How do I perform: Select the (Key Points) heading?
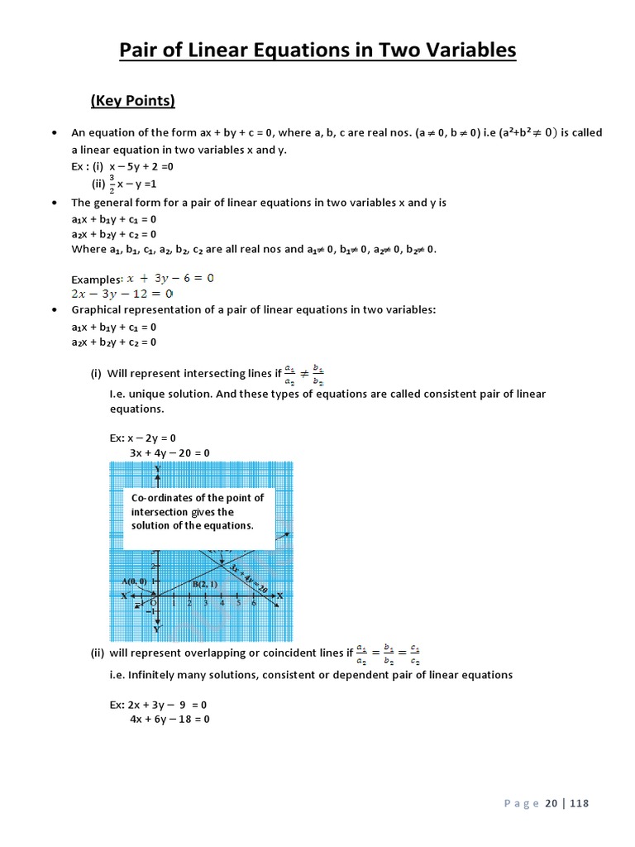[x=132, y=101]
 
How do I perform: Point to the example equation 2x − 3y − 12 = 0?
[x=122, y=294]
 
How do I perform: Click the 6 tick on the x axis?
[x=253, y=604]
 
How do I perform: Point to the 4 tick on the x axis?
[x=222, y=604]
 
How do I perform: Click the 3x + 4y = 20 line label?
[x=248, y=577]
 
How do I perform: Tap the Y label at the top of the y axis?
[x=157, y=468]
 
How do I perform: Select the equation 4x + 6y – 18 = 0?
[x=169, y=720]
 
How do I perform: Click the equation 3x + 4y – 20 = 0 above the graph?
[x=169, y=452]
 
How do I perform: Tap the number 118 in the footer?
[x=579, y=803]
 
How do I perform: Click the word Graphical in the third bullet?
[x=97, y=309]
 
